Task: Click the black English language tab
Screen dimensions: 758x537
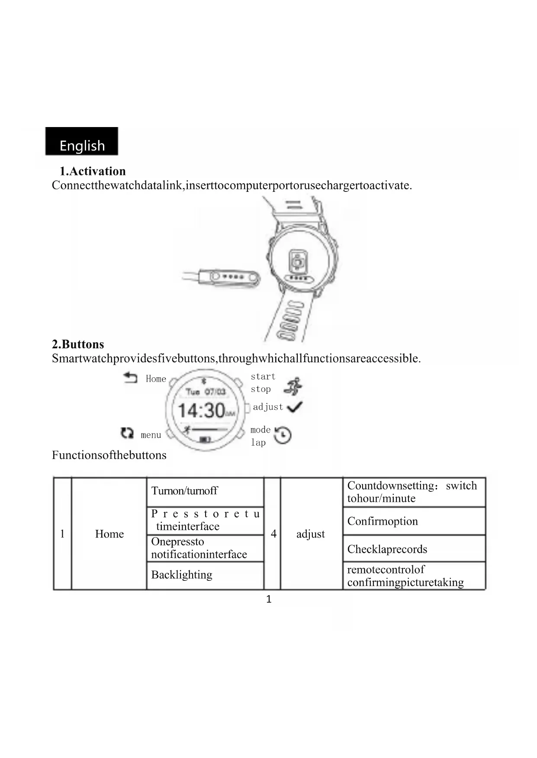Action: [82, 142]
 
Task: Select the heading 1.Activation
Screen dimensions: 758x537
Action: [93, 171]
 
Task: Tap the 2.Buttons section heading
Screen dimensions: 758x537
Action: [78, 344]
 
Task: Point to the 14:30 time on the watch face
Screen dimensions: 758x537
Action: [202, 410]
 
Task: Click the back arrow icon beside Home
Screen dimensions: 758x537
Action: [130, 378]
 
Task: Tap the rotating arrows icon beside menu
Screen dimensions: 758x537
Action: [127, 433]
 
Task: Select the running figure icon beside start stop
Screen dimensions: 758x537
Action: [293, 386]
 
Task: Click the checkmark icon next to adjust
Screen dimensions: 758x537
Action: [295, 407]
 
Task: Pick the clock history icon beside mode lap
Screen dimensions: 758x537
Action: [283, 435]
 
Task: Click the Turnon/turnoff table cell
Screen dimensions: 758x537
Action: [205, 491]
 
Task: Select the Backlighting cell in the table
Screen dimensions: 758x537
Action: [205, 575]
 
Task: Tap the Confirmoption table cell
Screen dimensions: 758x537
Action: [414, 521]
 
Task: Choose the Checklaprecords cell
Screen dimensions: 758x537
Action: [414, 549]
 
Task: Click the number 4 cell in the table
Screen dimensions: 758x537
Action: [273, 534]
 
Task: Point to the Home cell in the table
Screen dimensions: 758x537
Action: [109, 534]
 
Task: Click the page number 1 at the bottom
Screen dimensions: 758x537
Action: [269, 599]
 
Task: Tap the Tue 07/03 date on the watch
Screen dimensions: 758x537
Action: [206, 392]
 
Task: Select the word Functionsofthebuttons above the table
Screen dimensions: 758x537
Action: [109, 455]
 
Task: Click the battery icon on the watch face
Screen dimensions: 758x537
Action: [205, 440]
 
